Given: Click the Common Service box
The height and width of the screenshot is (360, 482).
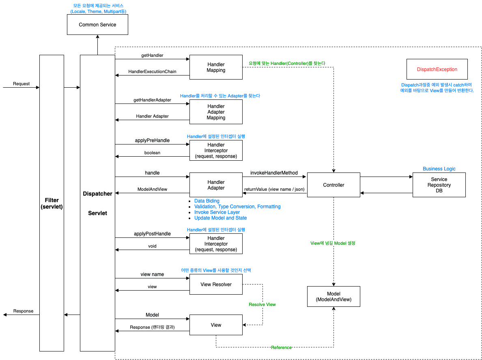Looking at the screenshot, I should click(x=97, y=25).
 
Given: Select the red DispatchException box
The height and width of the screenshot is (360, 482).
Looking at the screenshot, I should click(x=437, y=69).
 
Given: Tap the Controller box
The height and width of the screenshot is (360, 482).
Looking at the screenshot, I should click(x=334, y=185).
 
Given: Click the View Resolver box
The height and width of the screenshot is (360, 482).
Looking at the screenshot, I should click(x=216, y=285).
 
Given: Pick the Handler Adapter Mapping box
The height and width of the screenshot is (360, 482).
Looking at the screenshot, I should click(x=216, y=112).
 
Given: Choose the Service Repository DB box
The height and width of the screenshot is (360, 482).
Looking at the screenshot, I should click(x=439, y=185).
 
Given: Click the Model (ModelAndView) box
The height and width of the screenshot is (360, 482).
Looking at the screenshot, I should click(x=334, y=297).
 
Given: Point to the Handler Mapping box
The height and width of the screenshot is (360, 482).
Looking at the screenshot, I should click(x=216, y=67).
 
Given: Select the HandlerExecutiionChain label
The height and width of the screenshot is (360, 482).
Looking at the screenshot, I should click(x=152, y=71).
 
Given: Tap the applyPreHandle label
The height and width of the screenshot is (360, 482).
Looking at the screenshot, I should click(x=152, y=140).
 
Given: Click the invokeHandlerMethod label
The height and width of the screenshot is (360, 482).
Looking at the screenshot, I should click(x=274, y=173).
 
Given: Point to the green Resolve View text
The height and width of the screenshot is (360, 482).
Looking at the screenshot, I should click(x=262, y=304).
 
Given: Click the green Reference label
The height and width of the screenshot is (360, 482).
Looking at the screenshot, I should click(x=281, y=347).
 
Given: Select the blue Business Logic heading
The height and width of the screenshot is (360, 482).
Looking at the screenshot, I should click(x=439, y=169).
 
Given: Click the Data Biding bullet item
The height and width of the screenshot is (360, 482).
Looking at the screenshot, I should click(x=207, y=201).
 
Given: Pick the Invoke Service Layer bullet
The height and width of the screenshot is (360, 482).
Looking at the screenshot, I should click(x=217, y=212).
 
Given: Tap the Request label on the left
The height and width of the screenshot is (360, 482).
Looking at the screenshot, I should click(x=21, y=84).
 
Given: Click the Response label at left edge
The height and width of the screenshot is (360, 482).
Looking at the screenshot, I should click(x=23, y=311).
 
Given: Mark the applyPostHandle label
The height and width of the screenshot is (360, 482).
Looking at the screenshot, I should click(x=152, y=234).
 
